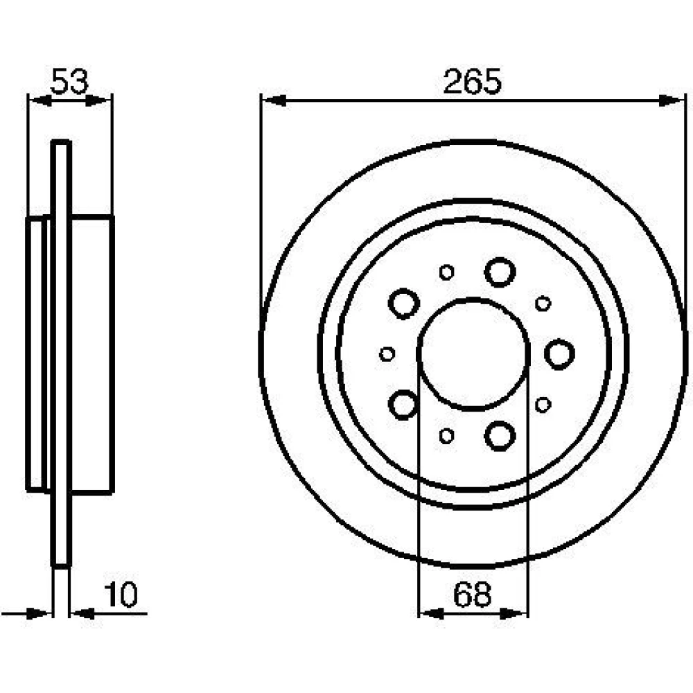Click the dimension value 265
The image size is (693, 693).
point(472,82)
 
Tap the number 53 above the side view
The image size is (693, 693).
point(69,82)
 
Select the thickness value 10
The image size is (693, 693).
point(121,595)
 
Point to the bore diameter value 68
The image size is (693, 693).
point(472,595)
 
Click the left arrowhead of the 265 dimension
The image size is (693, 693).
point(274,100)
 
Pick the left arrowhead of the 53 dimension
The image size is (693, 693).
point(40,100)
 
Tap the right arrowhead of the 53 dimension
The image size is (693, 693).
point(97,100)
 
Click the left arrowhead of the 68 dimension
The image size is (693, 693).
point(431,613)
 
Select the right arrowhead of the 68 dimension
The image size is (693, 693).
point(514,613)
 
